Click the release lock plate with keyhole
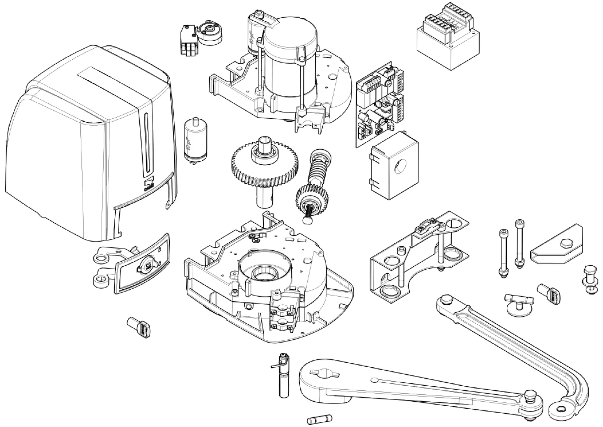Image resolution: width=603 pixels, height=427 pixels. tap(143, 264)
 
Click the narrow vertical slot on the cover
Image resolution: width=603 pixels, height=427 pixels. tap(147, 144)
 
